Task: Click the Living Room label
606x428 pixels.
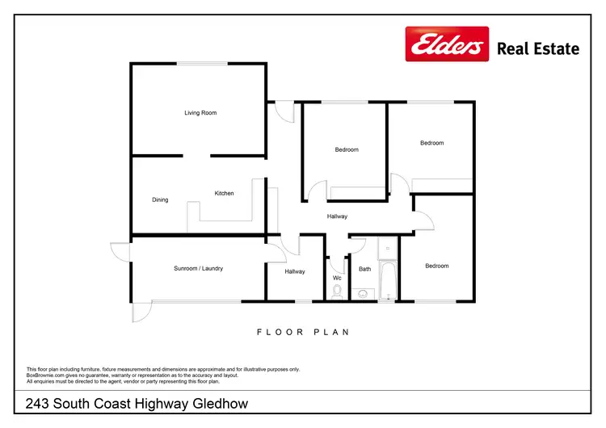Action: tap(200, 113)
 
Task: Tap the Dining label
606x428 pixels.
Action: tap(160, 199)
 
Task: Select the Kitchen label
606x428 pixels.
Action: tap(224, 193)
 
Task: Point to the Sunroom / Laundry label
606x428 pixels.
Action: tap(198, 268)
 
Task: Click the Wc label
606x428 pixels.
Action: tap(337, 278)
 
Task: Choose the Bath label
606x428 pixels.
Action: tap(365, 269)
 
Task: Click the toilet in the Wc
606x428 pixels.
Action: tap(337, 292)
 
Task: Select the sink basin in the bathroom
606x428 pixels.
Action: tap(364, 293)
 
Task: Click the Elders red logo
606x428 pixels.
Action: tap(447, 44)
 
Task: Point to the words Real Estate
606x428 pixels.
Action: tap(538, 48)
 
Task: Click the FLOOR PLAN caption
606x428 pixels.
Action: tap(302, 332)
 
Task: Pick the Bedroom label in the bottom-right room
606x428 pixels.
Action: tap(436, 266)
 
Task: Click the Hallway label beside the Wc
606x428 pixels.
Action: tap(295, 271)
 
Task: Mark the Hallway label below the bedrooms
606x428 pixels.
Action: tap(337, 216)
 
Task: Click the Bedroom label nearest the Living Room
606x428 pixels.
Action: tap(347, 149)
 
